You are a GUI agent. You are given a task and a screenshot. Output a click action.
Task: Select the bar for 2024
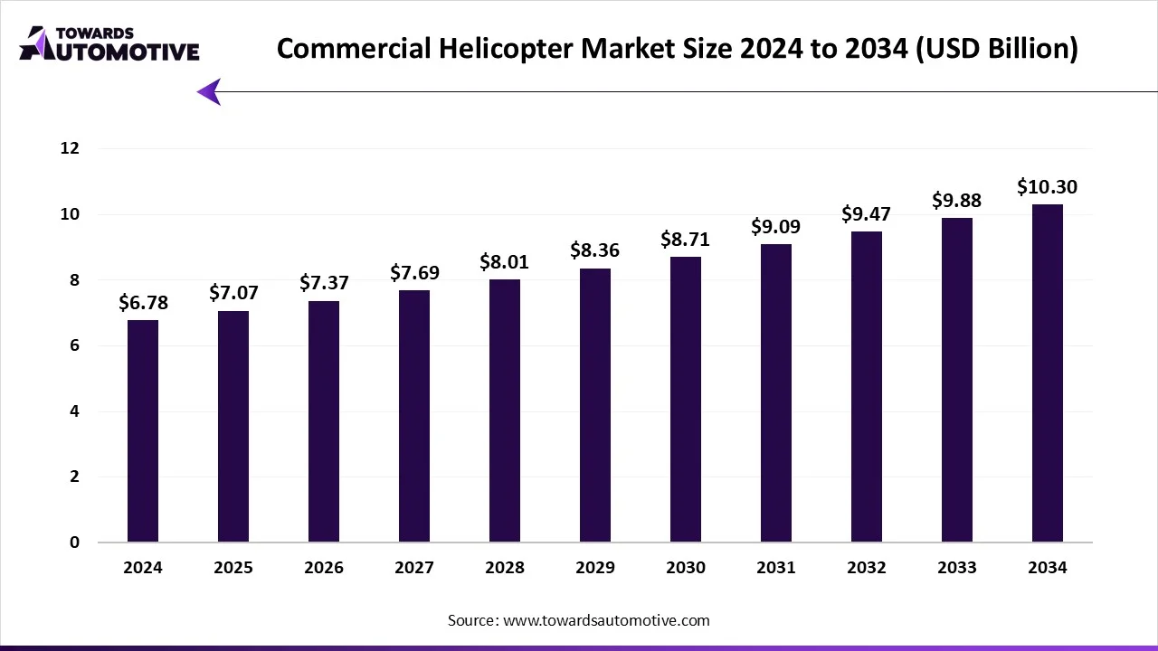(x=143, y=431)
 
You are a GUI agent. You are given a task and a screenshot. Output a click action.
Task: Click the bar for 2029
(x=595, y=405)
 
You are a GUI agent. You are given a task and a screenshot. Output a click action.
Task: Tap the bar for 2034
(x=1048, y=373)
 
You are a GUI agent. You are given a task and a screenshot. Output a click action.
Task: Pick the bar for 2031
(x=776, y=393)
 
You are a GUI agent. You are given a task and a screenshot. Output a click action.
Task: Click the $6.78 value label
(x=143, y=302)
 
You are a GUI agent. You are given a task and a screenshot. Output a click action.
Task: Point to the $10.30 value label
(x=1048, y=187)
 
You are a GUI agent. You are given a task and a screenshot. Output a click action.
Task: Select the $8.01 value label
(x=505, y=262)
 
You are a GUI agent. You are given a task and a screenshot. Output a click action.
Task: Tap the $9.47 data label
(x=867, y=214)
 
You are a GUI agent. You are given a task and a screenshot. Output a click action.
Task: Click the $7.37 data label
(x=324, y=283)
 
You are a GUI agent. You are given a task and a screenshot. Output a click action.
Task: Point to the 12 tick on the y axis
(x=71, y=148)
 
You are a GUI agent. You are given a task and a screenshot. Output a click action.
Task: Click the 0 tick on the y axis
(x=75, y=542)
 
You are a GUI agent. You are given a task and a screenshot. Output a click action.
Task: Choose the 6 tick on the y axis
(x=75, y=345)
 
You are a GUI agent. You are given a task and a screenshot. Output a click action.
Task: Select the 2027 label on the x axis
(x=414, y=568)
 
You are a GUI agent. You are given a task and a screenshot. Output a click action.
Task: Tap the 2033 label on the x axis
(x=957, y=568)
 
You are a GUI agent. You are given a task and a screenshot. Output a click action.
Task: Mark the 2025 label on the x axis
(x=233, y=568)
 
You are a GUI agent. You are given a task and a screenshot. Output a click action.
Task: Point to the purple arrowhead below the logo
(x=210, y=91)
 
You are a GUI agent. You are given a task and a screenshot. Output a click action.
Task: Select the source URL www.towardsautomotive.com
(x=605, y=620)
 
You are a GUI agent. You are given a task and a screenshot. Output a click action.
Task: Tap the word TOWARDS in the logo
(x=95, y=33)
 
